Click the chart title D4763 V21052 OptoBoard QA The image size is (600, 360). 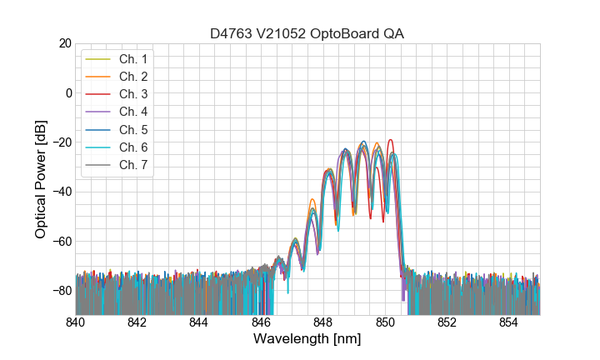point(307,33)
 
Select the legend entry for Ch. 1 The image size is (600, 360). point(132,59)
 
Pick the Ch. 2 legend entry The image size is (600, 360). point(132,77)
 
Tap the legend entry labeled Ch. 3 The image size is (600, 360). point(132,94)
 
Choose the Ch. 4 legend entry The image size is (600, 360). point(132,112)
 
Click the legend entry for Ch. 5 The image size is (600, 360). point(132,130)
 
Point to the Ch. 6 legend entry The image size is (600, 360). point(132,147)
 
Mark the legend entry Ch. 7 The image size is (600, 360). point(132,165)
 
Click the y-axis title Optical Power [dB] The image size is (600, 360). point(41,179)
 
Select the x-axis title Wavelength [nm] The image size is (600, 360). point(307,339)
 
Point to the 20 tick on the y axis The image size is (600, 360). point(64,43)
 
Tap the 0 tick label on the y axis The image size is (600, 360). point(68,92)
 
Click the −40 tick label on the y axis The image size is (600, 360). point(62,192)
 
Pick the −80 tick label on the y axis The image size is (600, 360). point(62,291)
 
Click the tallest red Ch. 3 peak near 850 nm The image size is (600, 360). point(389,140)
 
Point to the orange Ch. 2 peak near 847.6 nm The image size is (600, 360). point(312,200)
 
